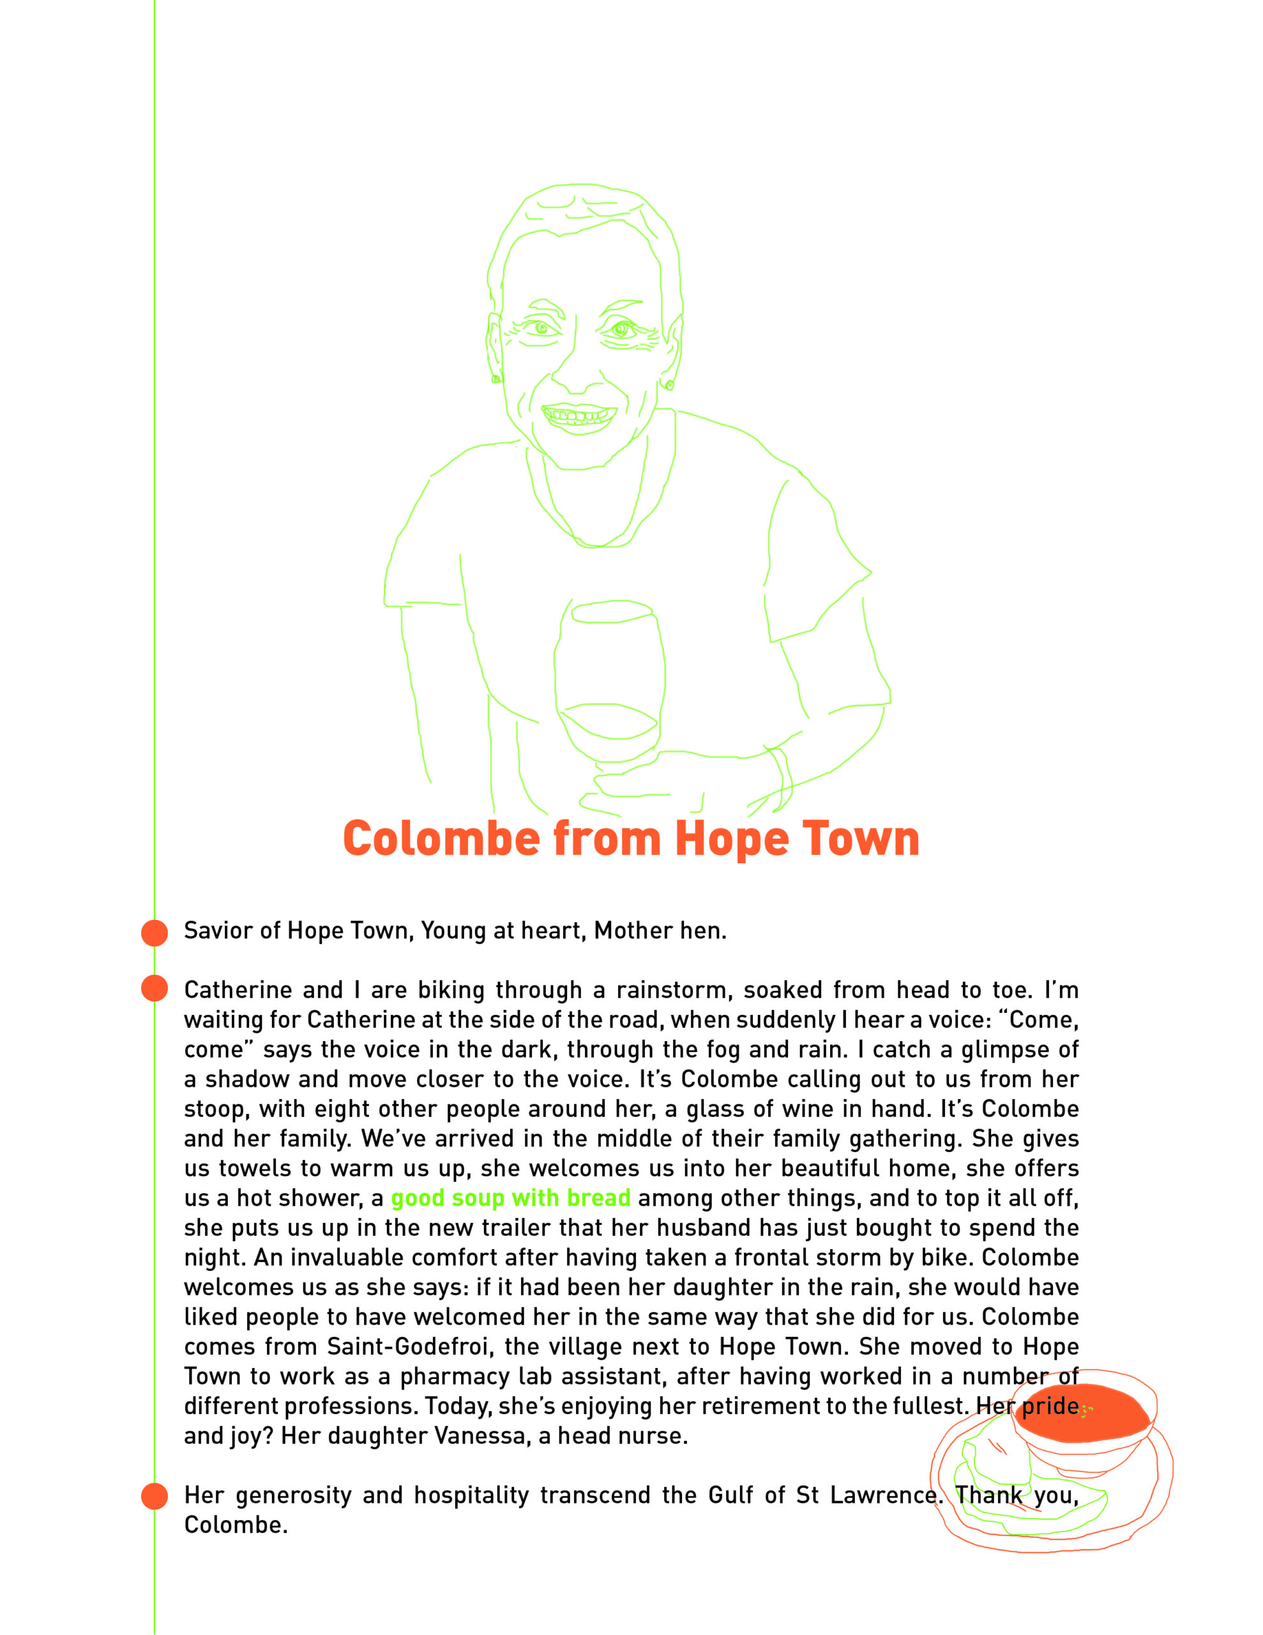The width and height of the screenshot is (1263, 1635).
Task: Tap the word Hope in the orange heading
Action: (x=732, y=839)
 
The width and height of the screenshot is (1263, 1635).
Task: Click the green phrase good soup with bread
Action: (x=511, y=1198)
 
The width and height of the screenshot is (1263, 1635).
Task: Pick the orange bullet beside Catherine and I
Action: (x=155, y=988)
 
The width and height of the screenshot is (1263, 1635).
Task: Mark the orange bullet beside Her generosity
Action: (x=155, y=1496)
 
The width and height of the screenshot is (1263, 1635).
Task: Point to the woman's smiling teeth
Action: (x=579, y=414)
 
